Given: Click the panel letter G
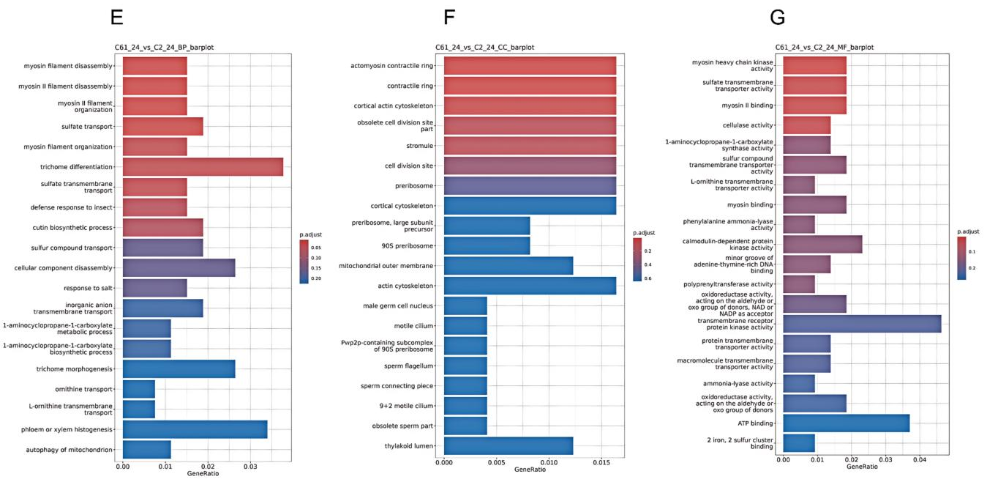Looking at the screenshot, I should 778,17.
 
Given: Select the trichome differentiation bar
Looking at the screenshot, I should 203,167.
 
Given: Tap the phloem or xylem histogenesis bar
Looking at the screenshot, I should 195,429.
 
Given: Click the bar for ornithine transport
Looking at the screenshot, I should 139,389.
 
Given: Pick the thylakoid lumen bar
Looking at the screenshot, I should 508,445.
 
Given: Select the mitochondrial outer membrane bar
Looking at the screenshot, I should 508,265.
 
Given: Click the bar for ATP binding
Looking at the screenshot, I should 846,423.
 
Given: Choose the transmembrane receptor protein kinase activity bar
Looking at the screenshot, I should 862,324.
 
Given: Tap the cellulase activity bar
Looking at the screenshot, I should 806,125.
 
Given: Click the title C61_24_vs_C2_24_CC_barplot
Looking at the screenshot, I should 484,48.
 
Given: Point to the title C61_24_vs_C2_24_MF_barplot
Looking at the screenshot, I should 825,48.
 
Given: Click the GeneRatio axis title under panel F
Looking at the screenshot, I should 529,470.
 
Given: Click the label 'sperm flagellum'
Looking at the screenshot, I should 409,366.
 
